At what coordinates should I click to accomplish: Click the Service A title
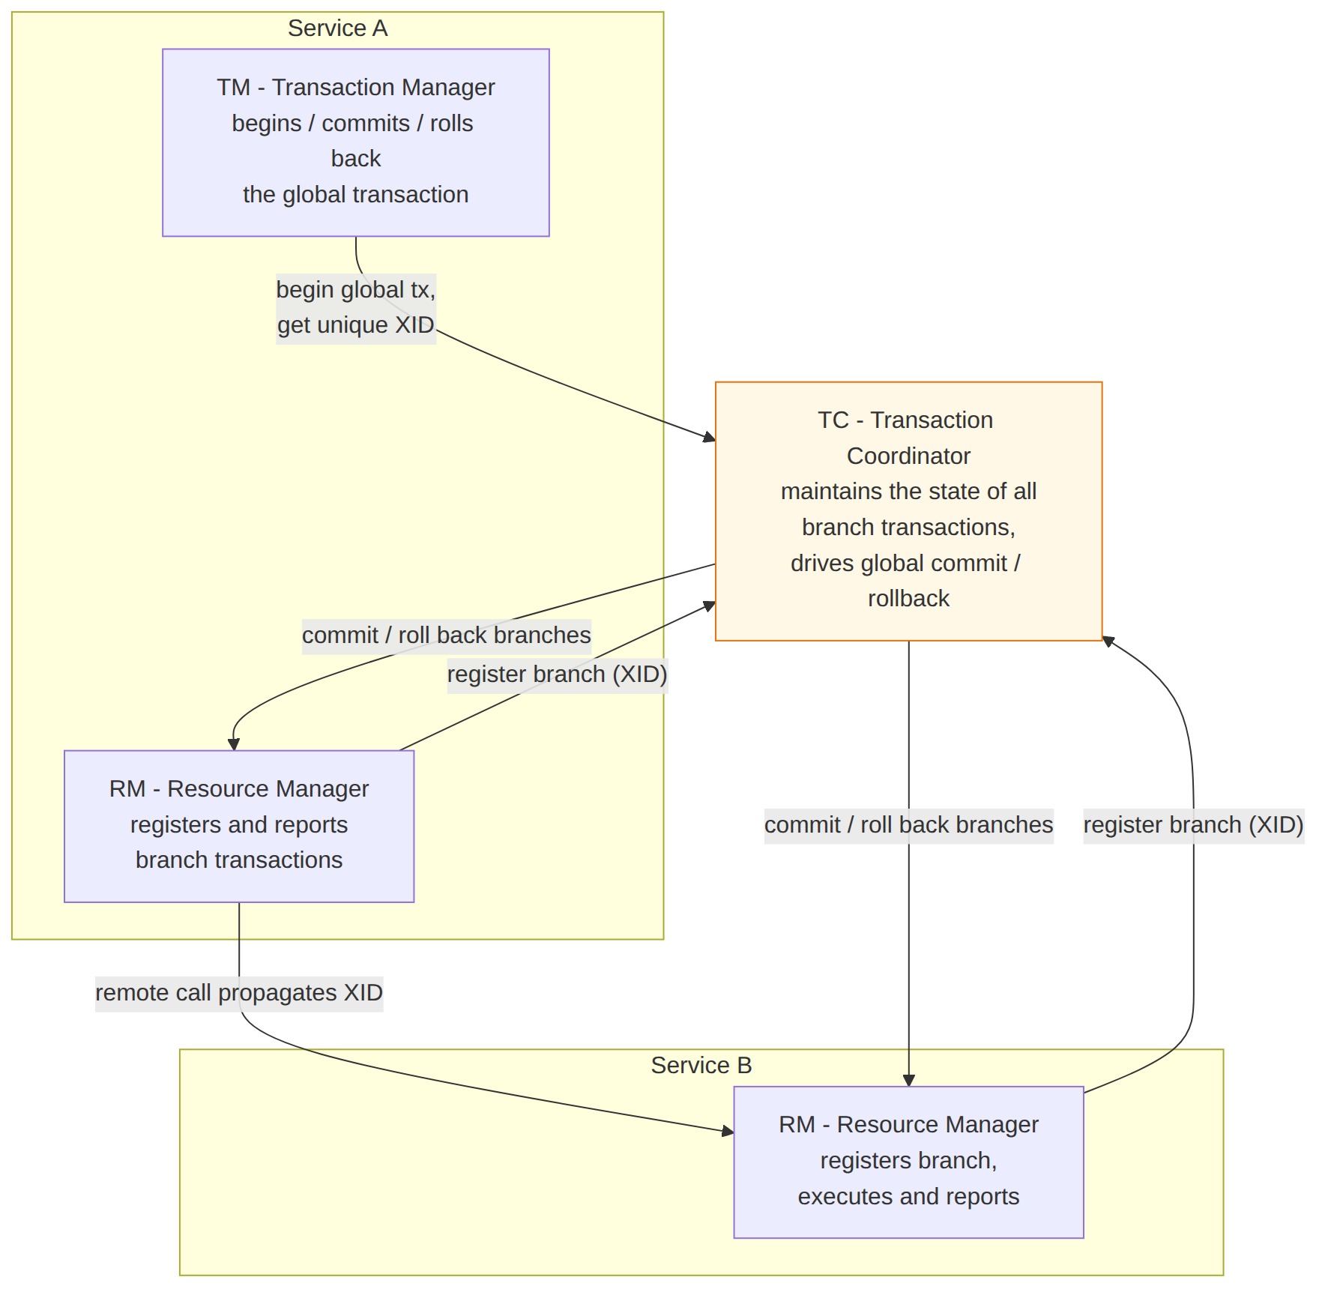[337, 28]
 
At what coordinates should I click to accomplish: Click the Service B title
[701, 1065]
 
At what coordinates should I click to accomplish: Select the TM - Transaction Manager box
[356, 142]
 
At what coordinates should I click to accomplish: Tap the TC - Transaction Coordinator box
[908, 511]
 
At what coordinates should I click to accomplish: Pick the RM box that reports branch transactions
[239, 826]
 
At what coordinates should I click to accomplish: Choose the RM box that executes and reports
[908, 1162]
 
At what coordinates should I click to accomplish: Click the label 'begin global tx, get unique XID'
[356, 307]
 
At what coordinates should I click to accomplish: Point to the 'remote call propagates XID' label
[239, 993]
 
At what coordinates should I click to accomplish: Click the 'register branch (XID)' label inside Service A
[557, 674]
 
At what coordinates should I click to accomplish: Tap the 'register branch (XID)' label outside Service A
[1193, 825]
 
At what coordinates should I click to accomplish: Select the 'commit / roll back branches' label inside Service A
[447, 636]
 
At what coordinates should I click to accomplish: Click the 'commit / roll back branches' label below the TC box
[908, 825]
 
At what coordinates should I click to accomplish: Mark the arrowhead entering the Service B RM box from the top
[908, 1080]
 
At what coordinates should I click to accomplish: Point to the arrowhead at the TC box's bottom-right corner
[1108, 642]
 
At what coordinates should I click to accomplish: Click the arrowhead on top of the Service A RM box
[233, 744]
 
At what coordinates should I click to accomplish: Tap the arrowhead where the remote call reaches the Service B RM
[728, 1131]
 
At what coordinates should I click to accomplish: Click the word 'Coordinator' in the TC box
[908, 456]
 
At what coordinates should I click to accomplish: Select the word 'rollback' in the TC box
[908, 599]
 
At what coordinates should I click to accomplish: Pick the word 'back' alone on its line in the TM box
[356, 159]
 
